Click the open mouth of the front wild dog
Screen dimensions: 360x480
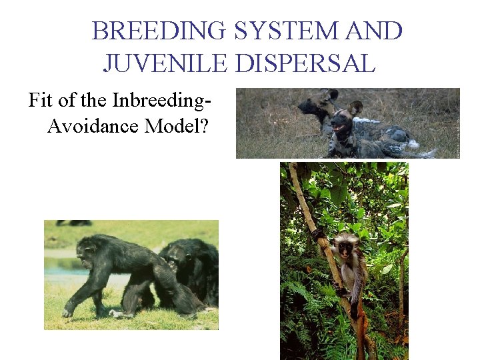[339, 126]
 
